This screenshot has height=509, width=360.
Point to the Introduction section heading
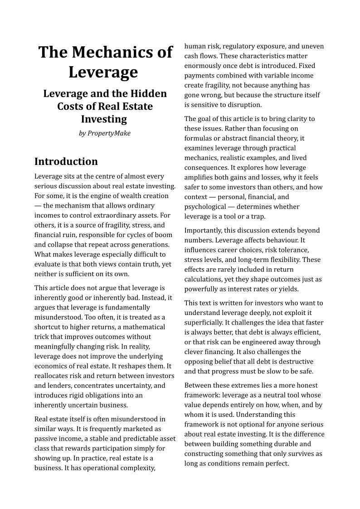[66, 162]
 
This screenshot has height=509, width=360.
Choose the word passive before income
[46, 438]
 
